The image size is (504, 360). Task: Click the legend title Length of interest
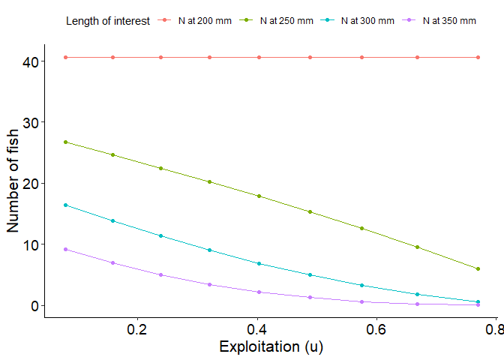click(108, 21)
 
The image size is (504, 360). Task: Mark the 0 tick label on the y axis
click(33, 306)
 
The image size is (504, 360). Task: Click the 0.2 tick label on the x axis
click(136, 329)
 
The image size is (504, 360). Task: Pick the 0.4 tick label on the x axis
click(256, 329)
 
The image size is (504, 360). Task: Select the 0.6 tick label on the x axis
click(376, 329)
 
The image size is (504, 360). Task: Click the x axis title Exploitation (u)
click(271, 347)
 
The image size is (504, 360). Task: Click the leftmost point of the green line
click(66, 142)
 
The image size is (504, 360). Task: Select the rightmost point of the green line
click(478, 269)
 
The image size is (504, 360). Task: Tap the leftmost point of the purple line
click(66, 250)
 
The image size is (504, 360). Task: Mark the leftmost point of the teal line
click(66, 205)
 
